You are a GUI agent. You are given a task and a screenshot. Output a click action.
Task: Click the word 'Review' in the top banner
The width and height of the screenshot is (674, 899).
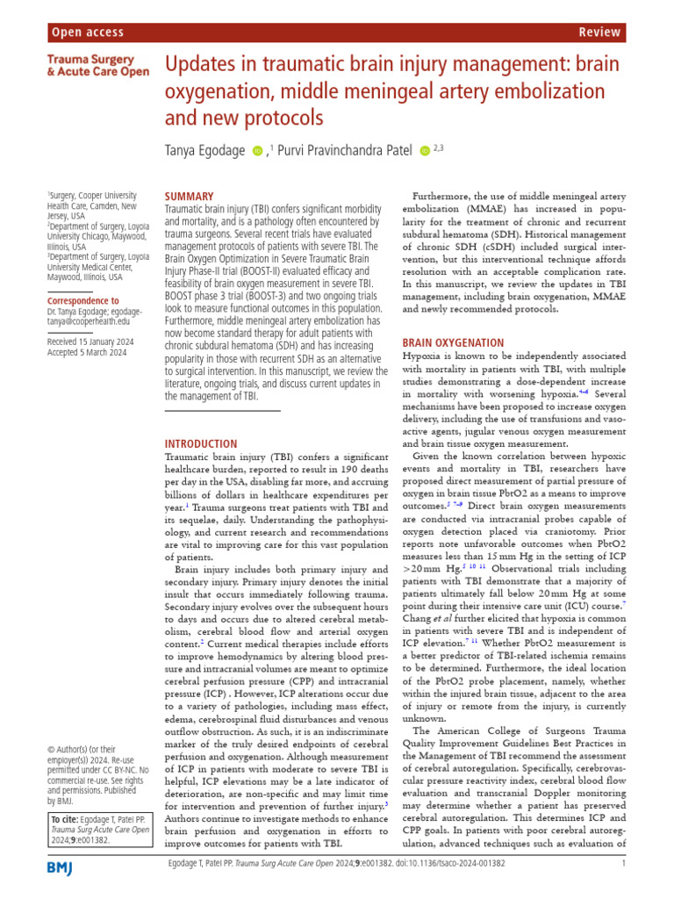point(600,32)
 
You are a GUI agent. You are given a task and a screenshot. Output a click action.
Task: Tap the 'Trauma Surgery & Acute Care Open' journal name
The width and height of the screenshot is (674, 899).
point(98,65)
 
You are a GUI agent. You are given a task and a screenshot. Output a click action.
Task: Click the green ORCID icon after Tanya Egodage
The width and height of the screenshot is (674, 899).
point(257,151)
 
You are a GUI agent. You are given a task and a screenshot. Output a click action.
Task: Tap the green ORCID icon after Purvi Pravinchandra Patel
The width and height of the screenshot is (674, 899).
point(426,151)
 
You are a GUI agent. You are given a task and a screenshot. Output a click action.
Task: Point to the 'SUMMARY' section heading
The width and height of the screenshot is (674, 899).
point(189,197)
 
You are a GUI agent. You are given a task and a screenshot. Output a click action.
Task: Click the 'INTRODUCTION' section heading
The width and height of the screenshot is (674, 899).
point(201,444)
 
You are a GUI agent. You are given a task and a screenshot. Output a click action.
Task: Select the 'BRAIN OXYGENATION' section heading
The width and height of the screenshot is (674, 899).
point(453,343)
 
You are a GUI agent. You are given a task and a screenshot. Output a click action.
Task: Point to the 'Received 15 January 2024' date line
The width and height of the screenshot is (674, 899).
point(86,341)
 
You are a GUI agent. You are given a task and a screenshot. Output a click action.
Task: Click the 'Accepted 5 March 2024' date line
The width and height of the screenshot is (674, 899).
point(86,352)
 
